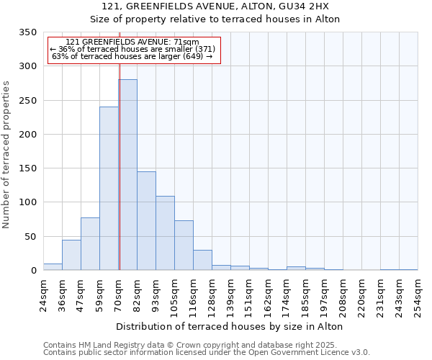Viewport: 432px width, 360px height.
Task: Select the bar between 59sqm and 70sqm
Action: click(109, 189)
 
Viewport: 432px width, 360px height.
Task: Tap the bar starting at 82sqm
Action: click(146, 221)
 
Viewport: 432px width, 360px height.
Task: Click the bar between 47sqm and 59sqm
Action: click(90, 244)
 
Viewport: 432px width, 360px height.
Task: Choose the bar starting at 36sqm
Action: click(71, 256)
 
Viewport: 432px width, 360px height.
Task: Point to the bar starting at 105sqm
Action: click(184, 246)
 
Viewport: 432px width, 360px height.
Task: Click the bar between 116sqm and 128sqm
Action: click(202, 261)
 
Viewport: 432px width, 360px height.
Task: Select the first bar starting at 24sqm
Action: click(53, 267)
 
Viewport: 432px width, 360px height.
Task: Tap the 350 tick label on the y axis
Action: click(27, 32)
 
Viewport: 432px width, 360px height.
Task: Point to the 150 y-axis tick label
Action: click(27, 168)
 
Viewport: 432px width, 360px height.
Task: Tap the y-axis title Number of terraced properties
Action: click(6, 155)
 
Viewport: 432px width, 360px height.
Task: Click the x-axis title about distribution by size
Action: click(229, 326)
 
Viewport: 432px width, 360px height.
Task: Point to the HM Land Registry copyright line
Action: click(205, 345)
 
